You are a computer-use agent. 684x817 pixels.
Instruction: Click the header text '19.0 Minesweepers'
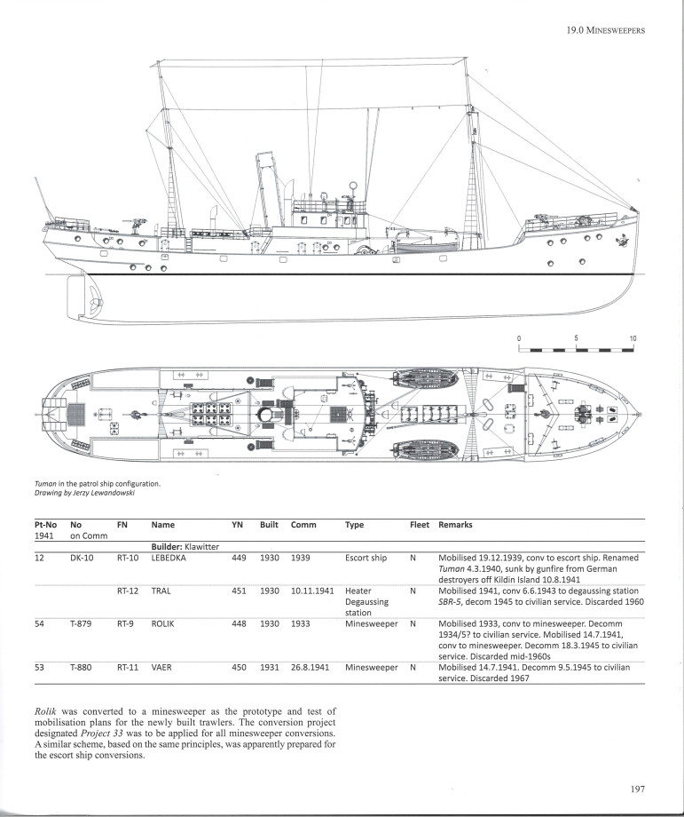[x=604, y=31]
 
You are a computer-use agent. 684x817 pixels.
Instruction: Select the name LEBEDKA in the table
[x=172, y=558]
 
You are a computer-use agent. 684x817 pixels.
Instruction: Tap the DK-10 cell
[x=83, y=558]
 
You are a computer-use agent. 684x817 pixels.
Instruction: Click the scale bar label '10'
[x=633, y=338]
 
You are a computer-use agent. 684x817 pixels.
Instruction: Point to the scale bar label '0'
[x=521, y=338]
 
